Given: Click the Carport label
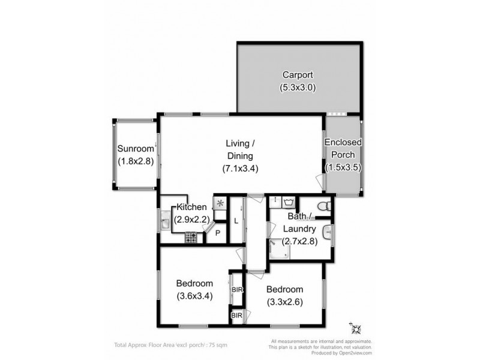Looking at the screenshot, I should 298,76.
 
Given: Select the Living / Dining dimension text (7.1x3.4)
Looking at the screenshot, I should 241,169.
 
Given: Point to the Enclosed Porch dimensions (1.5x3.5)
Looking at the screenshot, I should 343,168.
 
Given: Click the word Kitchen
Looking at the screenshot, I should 192,207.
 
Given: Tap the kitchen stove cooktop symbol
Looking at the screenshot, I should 191,238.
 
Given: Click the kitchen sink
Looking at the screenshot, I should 166,224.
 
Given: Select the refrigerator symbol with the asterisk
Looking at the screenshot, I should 220,203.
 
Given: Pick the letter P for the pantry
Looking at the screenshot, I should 217,233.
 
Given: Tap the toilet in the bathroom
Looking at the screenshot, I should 323,206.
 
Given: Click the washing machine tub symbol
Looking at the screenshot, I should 290,202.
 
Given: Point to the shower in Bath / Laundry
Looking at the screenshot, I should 279,248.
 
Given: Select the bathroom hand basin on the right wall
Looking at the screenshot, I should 327,232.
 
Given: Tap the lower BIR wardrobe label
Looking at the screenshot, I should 236,315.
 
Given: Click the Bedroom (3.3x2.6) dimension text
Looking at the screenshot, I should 285,301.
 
